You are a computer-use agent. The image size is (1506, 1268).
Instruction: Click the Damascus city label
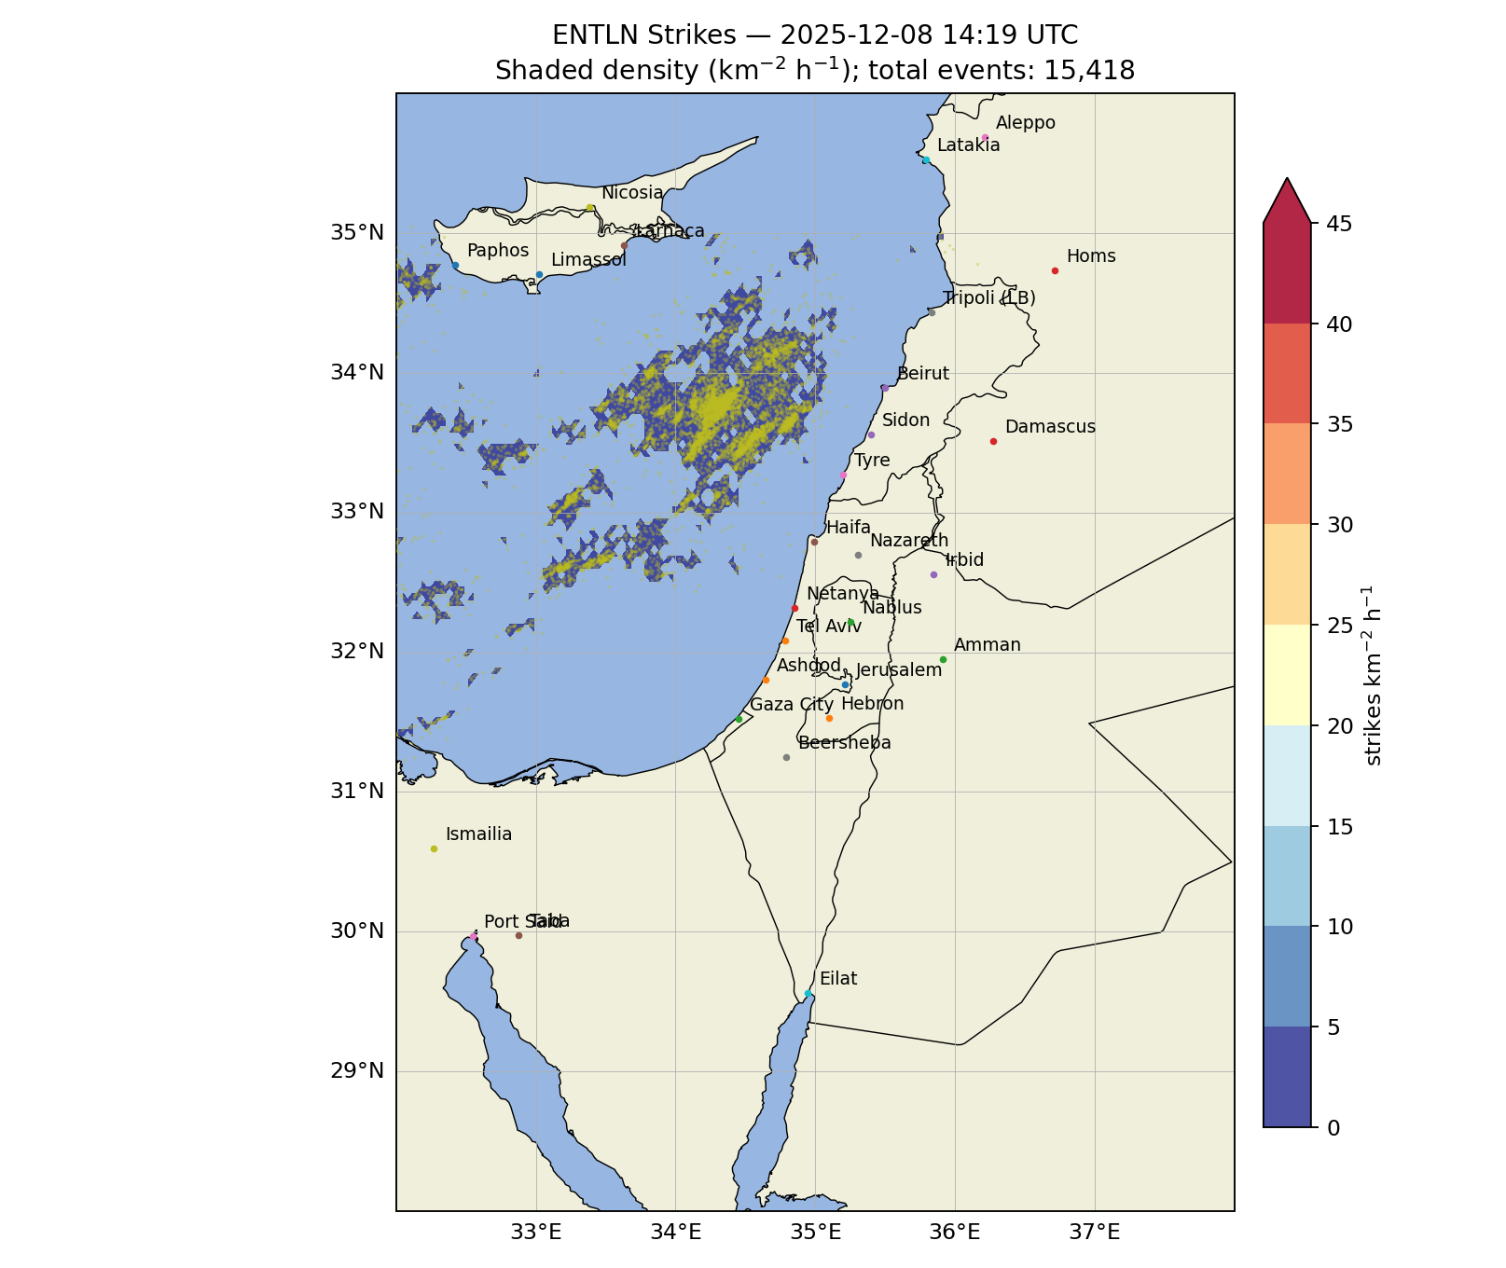pos(1050,427)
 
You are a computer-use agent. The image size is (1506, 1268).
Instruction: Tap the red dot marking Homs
pos(1055,271)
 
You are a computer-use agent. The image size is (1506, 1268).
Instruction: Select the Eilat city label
pos(837,979)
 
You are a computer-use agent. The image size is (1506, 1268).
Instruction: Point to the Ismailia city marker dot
pos(434,848)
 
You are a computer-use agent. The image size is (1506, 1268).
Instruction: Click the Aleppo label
pos(1025,123)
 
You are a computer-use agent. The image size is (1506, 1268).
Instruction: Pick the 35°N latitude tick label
pos(357,232)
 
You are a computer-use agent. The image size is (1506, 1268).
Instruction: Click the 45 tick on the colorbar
pos(1333,224)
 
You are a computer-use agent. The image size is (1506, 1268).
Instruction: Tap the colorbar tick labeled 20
pos(1333,726)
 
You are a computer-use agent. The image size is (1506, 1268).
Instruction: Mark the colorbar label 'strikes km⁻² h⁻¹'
pos(1373,676)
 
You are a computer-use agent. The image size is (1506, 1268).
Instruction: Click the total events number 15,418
pos(1089,71)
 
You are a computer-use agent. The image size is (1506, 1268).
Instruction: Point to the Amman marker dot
pos(943,660)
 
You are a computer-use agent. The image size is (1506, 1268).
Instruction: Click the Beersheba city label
pos(844,743)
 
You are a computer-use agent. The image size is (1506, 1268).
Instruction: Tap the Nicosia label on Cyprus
pos(632,193)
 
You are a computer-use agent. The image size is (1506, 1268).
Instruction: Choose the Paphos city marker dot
pos(455,266)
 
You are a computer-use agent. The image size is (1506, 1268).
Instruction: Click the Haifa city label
pos(848,528)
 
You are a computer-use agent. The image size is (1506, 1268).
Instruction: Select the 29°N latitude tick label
pos(357,1070)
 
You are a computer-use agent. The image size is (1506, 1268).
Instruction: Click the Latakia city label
pos(968,145)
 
